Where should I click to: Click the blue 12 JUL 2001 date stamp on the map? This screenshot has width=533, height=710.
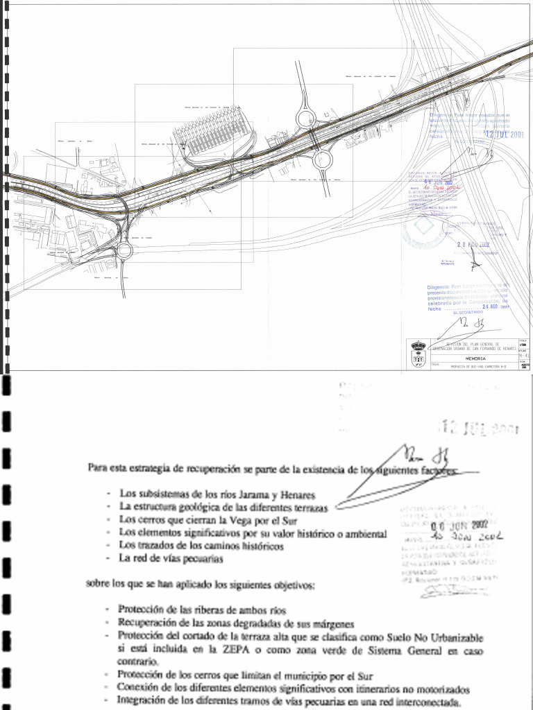click(505, 134)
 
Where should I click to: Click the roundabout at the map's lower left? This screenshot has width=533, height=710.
click(124, 250)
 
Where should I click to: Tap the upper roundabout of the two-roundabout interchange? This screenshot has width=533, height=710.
click(306, 119)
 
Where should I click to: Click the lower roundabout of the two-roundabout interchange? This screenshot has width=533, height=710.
click(323, 159)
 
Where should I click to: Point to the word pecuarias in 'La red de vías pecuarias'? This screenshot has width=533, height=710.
click(201, 557)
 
